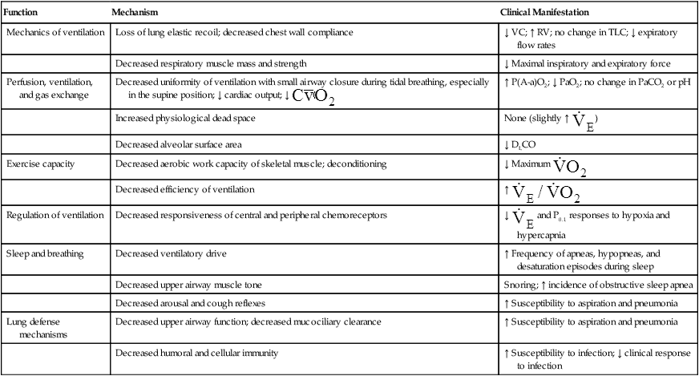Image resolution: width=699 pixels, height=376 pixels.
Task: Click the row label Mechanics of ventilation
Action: point(55,33)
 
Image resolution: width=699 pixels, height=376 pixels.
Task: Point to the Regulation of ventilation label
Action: point(55,216)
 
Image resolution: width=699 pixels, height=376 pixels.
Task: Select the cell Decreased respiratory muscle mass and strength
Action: point(209,63)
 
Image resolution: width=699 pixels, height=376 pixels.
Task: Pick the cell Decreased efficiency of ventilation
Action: point(184,189)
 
